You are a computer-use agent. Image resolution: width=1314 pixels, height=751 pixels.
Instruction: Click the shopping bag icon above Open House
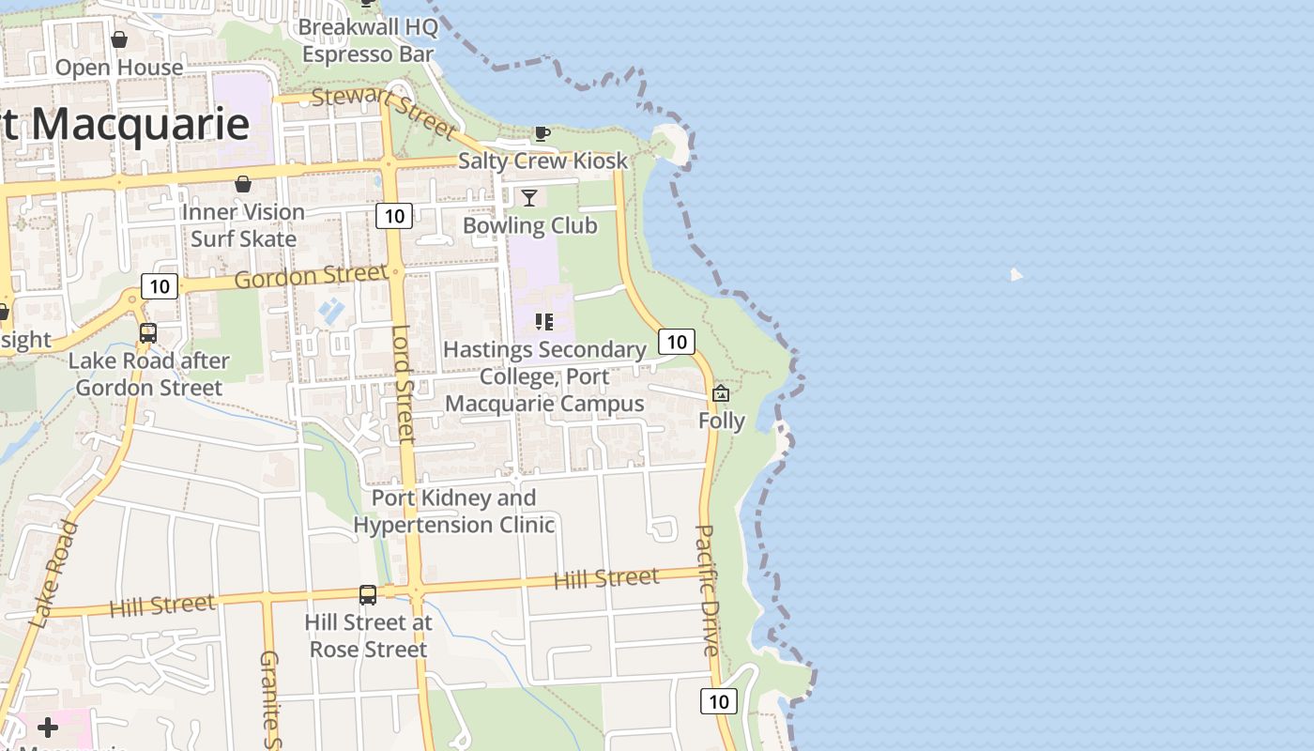click(x=119, y=39)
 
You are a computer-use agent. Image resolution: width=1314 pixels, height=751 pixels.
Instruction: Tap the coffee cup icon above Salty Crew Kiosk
click(x=542, y=133)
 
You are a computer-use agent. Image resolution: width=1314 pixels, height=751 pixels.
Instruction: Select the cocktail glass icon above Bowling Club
click(x=529, y=197)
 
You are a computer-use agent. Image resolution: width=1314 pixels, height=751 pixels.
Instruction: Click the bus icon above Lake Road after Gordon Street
click(x=147, y=332)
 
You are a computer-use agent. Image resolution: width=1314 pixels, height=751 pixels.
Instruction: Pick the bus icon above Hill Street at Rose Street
click(x=368, y=594)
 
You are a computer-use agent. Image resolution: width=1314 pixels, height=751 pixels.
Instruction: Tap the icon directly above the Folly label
click(x=721, y=393)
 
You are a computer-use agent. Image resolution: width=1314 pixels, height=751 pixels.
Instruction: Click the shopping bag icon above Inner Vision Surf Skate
click(x=243, y=184)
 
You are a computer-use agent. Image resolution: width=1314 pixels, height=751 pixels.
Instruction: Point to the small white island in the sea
click(x=1016, y=275)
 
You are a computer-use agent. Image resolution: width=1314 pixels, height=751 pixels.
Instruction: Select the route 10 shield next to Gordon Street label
click(x=160, y=286)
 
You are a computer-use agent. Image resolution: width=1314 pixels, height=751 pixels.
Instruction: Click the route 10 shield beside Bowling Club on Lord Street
click(x=394, y=216)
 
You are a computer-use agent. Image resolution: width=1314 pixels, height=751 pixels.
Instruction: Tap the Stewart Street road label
click(x=383, y=111)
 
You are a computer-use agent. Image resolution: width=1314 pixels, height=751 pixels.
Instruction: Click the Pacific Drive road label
click(x=707, y=590)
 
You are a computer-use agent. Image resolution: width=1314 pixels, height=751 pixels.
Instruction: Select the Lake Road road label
click(x=53, y=573)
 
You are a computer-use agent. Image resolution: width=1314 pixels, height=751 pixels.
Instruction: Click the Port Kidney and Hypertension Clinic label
click(x=454, y=511)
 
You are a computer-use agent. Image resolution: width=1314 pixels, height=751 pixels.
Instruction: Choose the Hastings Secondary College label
click(x=544, y=376)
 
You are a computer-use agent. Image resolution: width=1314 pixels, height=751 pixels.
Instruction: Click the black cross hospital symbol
click(x=48, y=728)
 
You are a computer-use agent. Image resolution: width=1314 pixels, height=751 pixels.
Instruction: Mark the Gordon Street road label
click(x=310, y=277)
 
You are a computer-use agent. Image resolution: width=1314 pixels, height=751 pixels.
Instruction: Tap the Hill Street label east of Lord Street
click(x=606, y=578)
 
